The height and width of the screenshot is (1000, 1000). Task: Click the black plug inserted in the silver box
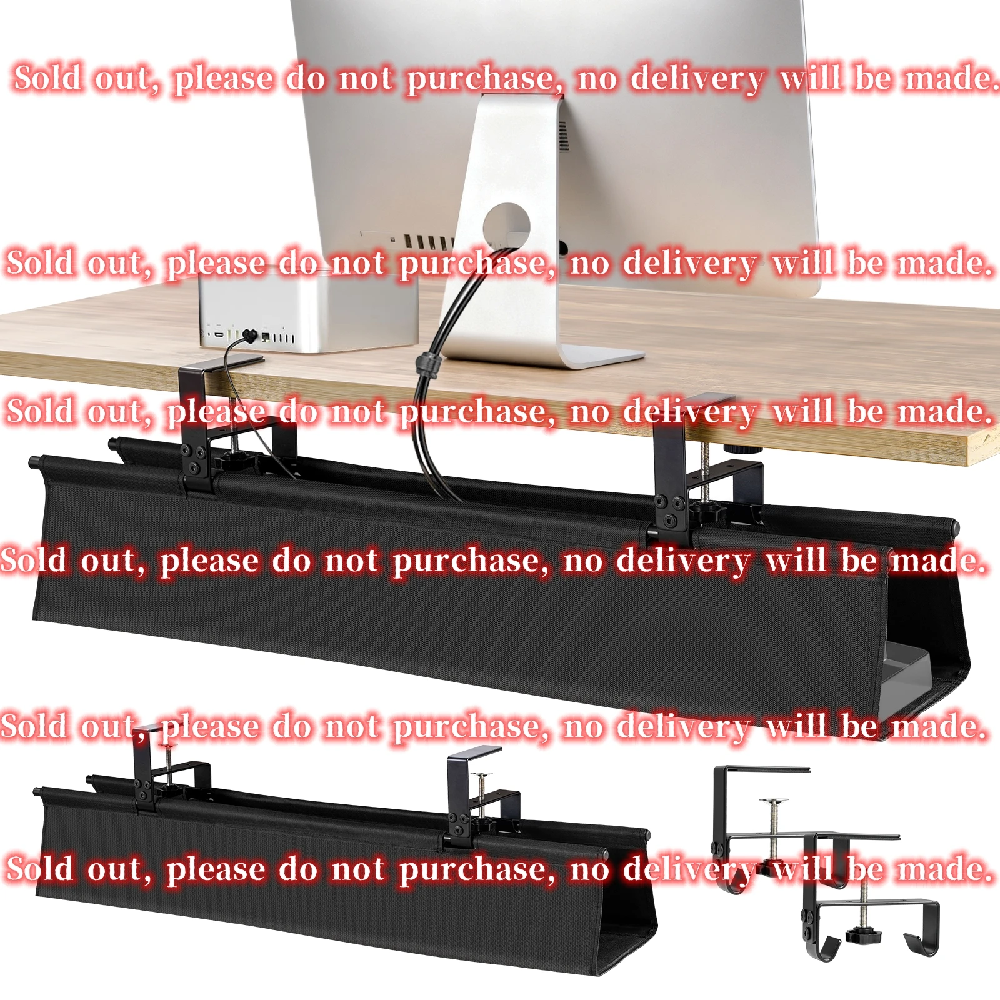(x=251, y=336)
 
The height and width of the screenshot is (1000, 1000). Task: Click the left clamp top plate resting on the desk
(x=222, y=363)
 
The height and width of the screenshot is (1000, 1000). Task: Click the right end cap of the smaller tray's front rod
(x=604, y=854)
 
